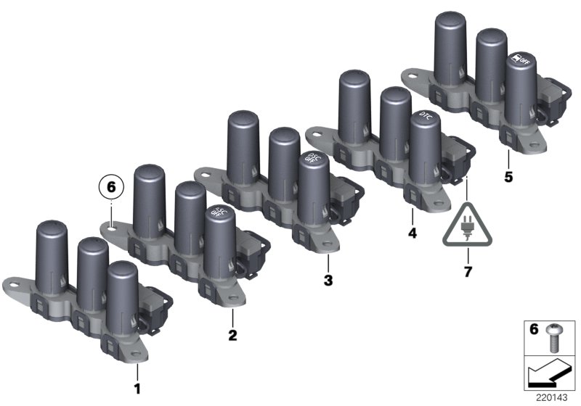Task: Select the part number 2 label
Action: pos(232,335)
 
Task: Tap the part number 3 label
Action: pos(328,280)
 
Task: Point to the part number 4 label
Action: pos(412,235)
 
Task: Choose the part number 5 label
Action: pos(508,177)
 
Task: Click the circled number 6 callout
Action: pos(111,187)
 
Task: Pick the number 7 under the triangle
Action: pos(468,273)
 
